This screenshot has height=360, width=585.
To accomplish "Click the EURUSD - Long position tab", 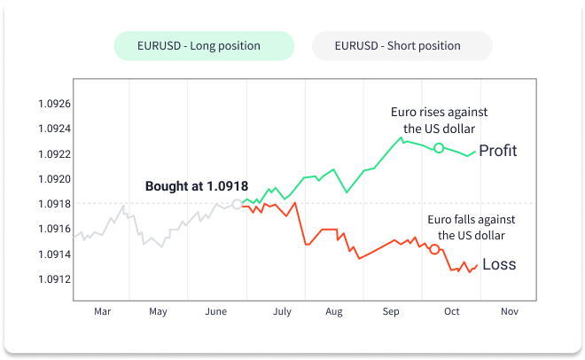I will (203, 46).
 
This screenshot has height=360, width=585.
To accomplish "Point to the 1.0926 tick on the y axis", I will (55, 104).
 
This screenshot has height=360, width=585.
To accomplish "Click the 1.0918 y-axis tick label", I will (55, 204).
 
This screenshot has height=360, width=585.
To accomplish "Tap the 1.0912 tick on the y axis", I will (55, 279).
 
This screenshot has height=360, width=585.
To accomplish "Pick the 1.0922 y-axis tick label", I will (55, 153).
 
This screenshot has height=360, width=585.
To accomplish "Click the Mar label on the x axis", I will (102, 312).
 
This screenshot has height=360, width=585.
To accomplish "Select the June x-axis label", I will (216, 312).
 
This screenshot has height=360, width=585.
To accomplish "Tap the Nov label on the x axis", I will (509, 312).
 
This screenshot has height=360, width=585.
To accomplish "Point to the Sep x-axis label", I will (391, 312).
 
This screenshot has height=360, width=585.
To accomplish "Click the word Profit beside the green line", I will (497, 151).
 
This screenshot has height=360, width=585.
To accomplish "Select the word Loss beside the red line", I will (499, 264).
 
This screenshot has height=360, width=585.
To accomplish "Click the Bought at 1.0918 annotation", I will (196, 186).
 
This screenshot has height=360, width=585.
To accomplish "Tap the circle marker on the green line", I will (438, 147).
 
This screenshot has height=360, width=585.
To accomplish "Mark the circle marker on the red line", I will (434, 249).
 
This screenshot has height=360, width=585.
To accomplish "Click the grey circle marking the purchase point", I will (237, 204).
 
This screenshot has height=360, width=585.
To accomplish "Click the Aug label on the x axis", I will (333, 312).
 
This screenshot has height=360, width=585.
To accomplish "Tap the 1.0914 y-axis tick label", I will (55, 254).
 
